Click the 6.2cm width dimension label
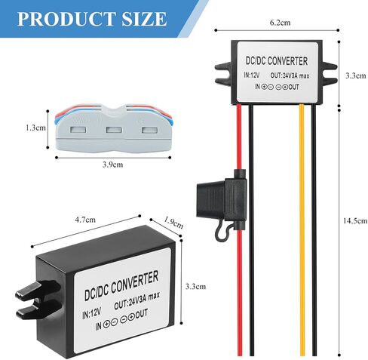point(280,23)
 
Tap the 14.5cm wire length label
point(355,221)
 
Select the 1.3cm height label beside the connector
point(35,128)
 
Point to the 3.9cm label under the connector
point(112,165)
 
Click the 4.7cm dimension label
point(85,220)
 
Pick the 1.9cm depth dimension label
point(173,223)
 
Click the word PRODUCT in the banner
point(66,19)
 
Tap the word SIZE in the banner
point(144,19)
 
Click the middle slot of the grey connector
point(114,130)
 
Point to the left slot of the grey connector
point(78,130)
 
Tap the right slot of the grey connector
point(149,130)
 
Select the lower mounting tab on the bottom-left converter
point(39,311)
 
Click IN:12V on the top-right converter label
point(252,75)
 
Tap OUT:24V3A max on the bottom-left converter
point(136,300)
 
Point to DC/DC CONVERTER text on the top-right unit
point(277,61)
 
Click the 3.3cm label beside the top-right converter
point(355,75)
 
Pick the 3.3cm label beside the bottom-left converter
point(195,286)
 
